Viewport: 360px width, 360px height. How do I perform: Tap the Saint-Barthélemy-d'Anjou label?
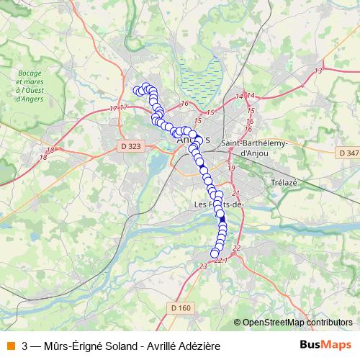point(253,148)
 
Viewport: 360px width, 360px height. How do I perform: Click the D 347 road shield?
point(348,153)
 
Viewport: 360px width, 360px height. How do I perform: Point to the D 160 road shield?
point(182,308)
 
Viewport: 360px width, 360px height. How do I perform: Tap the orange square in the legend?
point(10,345)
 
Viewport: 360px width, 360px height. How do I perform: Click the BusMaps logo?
point(326,345)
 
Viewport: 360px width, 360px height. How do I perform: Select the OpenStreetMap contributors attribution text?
point(297,323)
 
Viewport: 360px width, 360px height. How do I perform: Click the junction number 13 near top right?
point(318,71)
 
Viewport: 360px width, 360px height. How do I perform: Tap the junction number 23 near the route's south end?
point(203,266)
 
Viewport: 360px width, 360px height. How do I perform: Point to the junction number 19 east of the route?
point(231,168)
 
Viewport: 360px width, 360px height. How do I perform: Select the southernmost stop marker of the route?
point(214,253)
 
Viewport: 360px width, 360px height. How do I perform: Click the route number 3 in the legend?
point(25,346)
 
